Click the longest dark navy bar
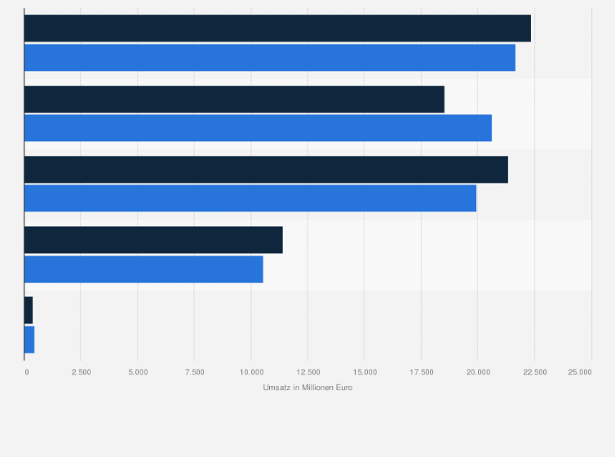[277, 28]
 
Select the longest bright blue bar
[269, 58]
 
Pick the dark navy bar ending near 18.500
[234, 99]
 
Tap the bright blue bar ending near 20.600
[258, 128]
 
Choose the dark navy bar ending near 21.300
[266, 169]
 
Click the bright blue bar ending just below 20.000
[250, 198]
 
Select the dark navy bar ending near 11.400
[153, 240]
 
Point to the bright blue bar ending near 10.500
[144, 269]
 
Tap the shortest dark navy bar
[29, 310]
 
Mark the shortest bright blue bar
[29, 339]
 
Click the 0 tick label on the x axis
[27, 372]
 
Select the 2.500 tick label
[81, 372]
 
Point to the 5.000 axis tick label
[138, 372]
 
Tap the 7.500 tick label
[194, 372]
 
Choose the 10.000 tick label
[251, 372]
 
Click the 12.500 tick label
[307, 372]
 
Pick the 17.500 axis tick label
[421, 372]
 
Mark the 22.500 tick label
[534, 372]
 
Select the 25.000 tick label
[580, 372]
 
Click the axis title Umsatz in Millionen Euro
[307, 388]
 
